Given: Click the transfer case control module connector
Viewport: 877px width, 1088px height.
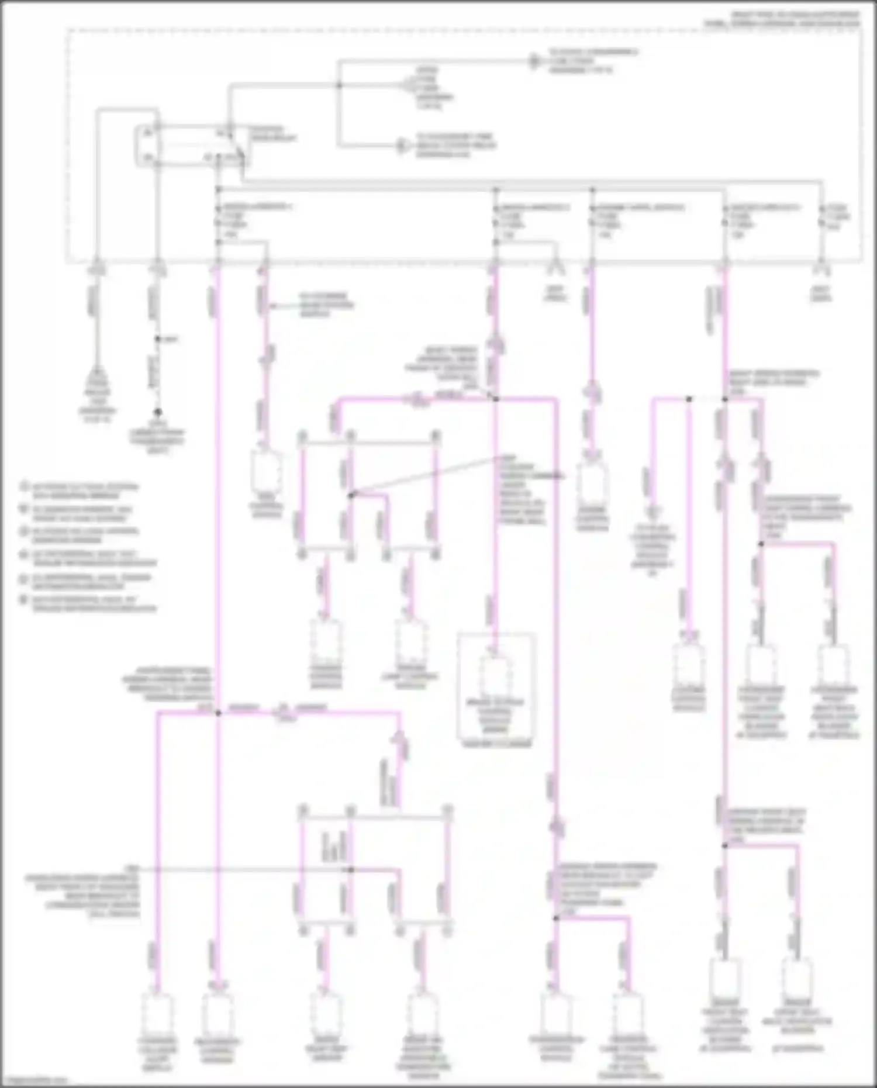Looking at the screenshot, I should pyautogui.click(x=629, y=1015).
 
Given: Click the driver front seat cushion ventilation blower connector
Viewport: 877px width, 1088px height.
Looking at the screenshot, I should pyautogui.click(x=725, y=980).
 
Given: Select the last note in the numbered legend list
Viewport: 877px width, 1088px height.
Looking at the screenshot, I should pyautogui.click(x=88, y=603).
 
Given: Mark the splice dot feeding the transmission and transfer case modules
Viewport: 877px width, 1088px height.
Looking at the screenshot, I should pyautogui.click(x=556, y=918).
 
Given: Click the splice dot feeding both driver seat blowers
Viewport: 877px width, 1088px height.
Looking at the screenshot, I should pyautogui.click(x=725, y=845).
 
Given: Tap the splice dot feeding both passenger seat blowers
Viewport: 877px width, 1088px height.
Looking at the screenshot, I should pyautogui.click(x=761, y=544).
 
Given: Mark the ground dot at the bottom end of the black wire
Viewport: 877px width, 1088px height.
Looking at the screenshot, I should pyautogui.click(x=157, y=412).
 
